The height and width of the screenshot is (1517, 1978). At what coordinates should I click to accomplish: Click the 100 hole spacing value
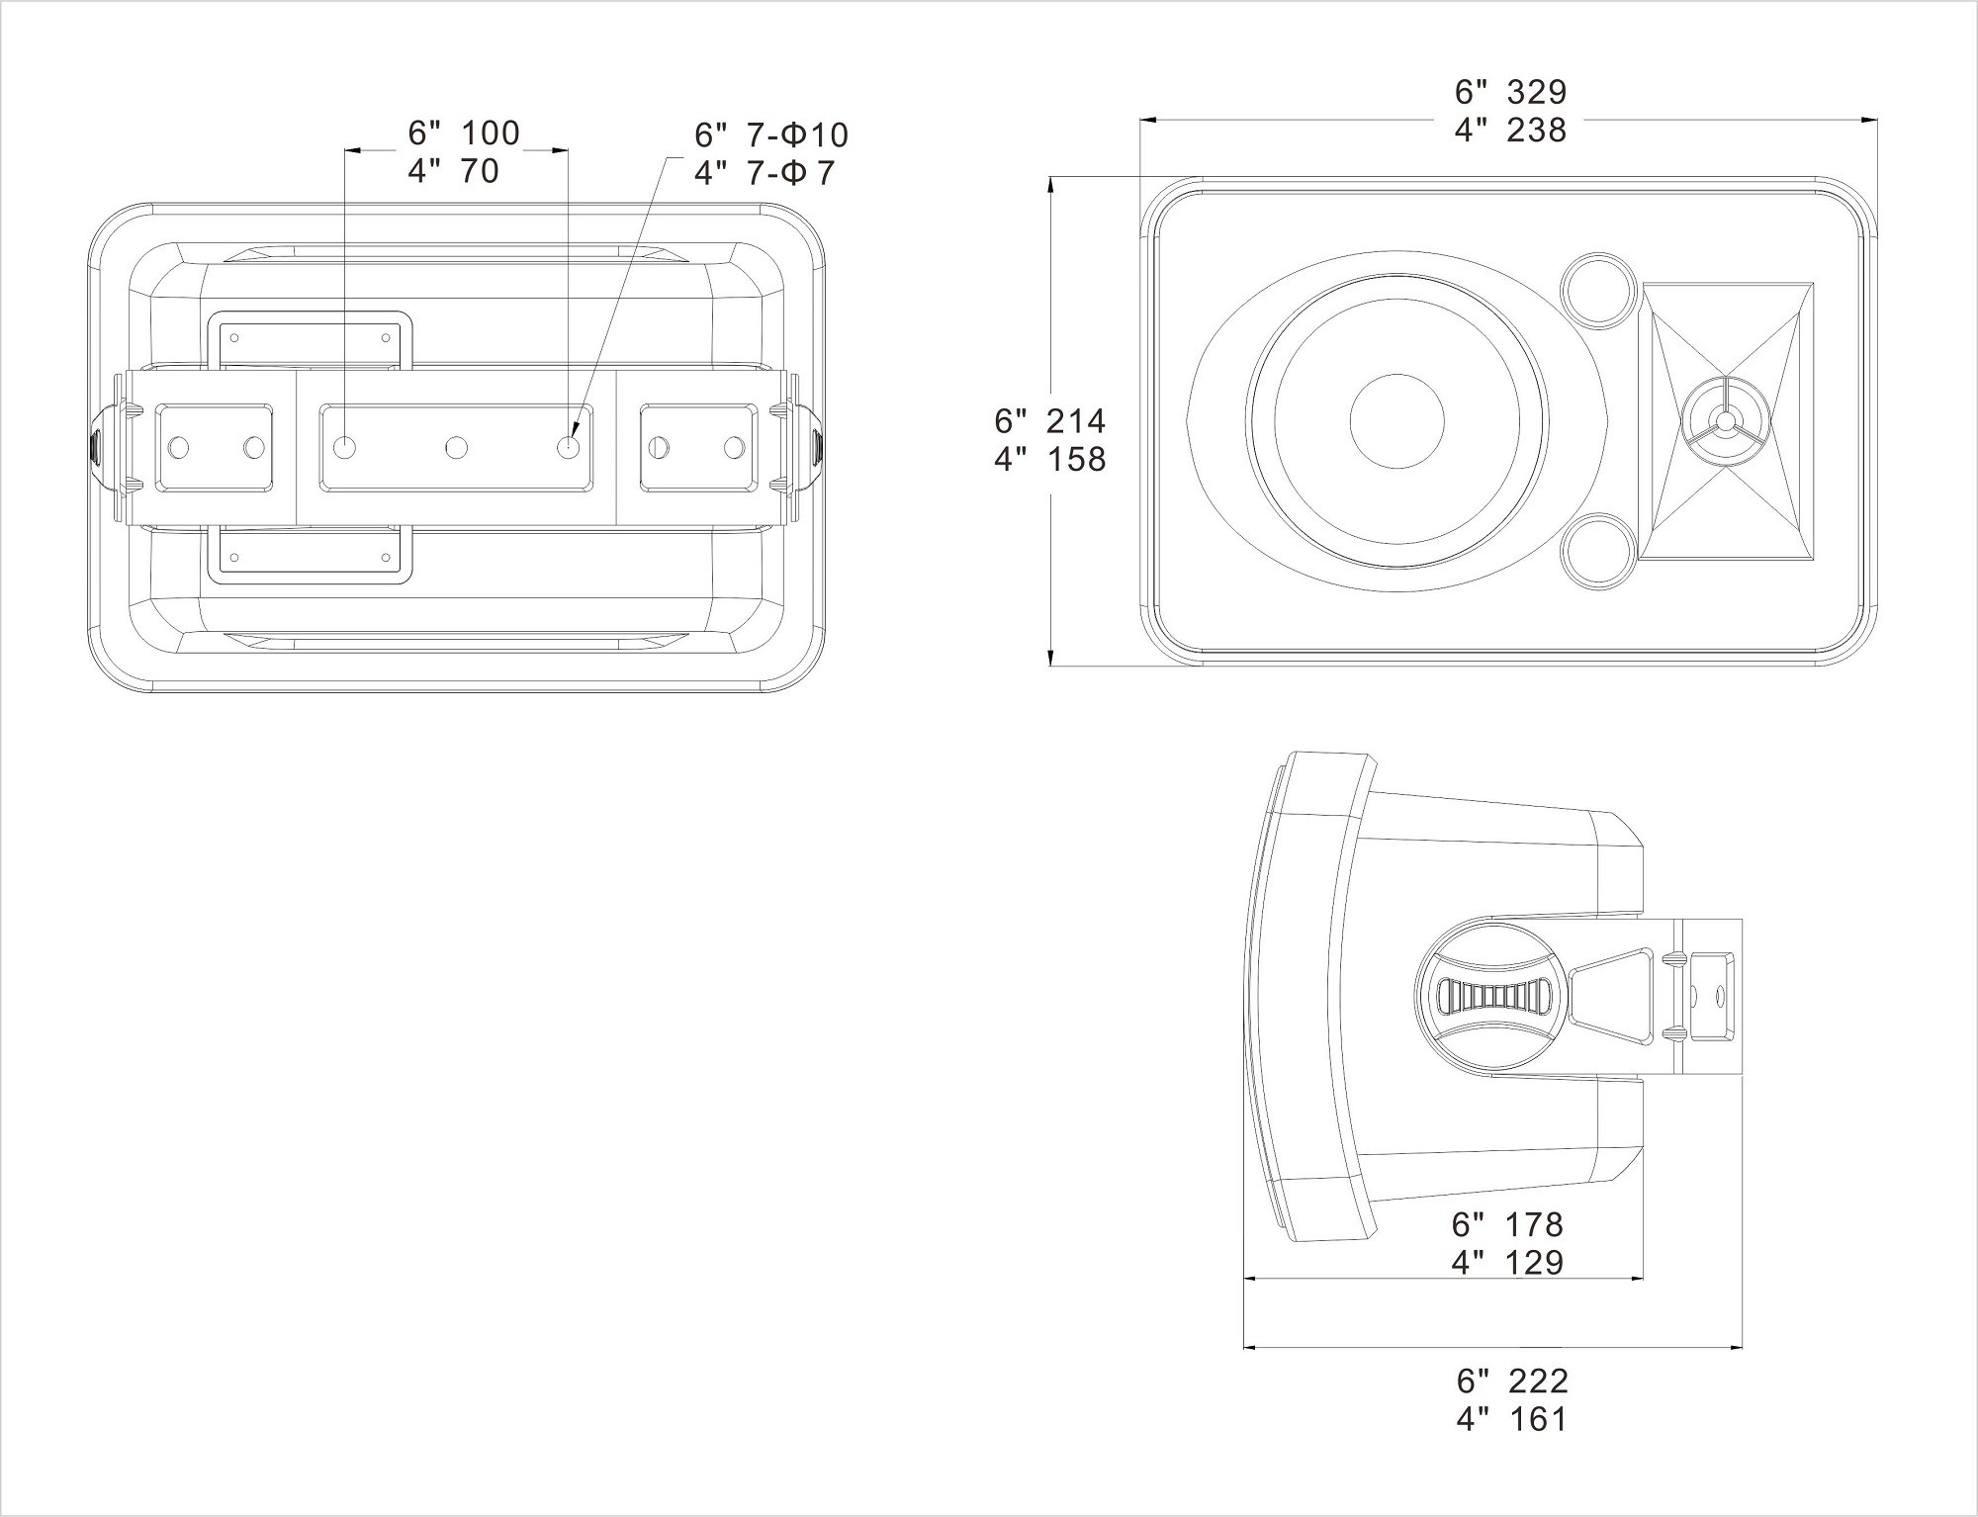490,133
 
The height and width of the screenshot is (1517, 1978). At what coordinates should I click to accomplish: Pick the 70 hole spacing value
480,171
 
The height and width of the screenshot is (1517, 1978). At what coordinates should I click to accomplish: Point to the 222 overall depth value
1539,1381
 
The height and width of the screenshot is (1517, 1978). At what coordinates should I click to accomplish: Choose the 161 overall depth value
1539,1419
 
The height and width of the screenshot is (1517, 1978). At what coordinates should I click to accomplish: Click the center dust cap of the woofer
1396,420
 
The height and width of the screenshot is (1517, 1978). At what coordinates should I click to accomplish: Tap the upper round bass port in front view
1596,289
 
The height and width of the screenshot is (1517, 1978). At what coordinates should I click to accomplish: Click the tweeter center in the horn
1725,422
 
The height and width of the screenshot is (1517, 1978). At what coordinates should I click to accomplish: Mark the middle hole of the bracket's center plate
456,448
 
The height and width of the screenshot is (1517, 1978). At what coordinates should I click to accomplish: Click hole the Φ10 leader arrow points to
569,448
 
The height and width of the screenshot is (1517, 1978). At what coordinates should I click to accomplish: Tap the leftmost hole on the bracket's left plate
179,448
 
